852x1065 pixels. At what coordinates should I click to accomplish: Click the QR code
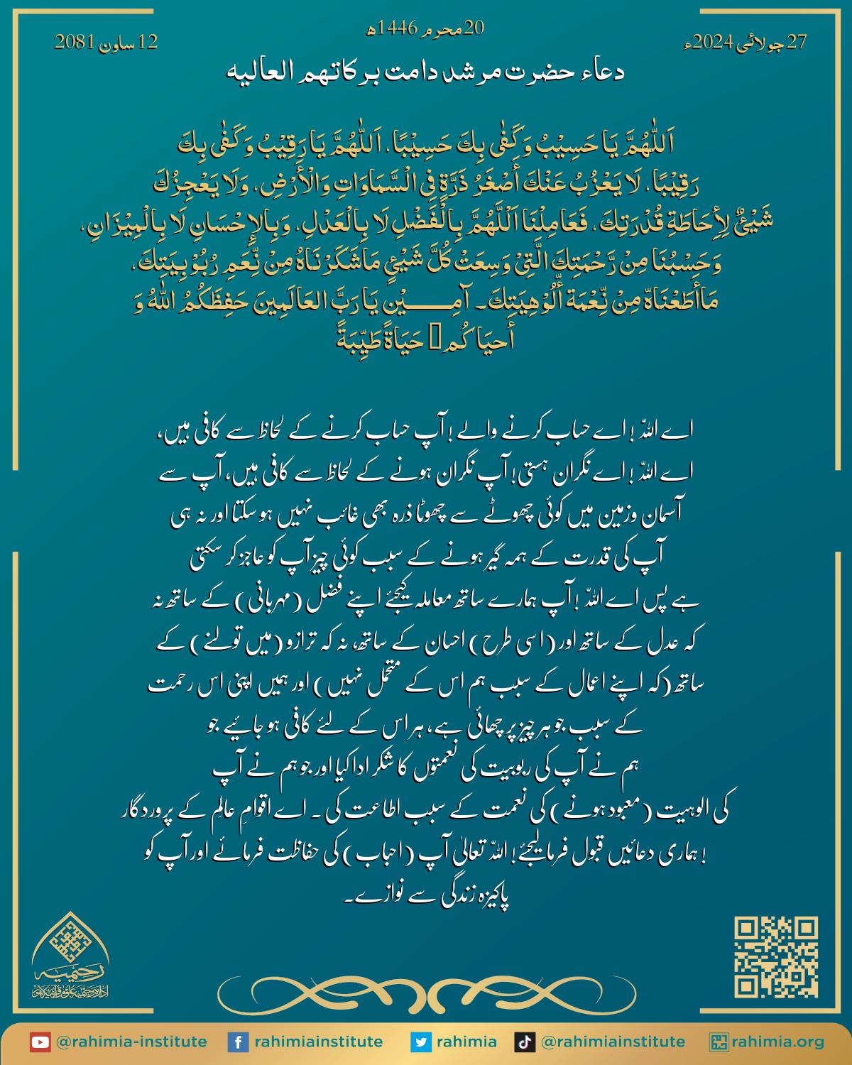[776, 956]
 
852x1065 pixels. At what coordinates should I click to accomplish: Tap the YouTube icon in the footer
[40, 1042]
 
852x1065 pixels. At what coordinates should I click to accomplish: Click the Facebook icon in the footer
[237, 1042]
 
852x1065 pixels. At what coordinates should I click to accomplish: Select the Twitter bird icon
[421, 1042]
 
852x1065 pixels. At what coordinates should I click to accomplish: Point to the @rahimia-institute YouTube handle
[131, 1042]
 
